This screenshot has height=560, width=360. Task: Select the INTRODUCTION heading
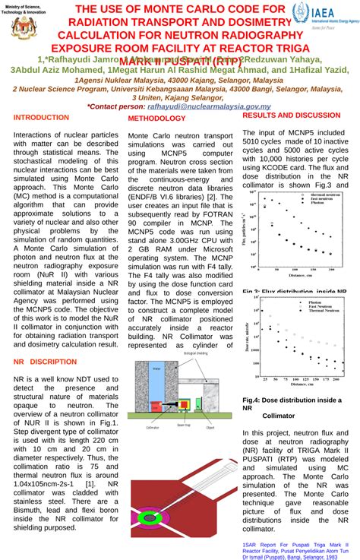pyautogui.click(x=41, y=118)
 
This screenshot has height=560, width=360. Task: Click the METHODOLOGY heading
pyautogui.click(x=156, y=119)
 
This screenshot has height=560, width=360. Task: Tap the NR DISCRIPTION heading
pyautogui.click(x=46, y=361)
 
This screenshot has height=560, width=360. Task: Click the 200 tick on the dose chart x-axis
pyautogui.click(x=336, y=377)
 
